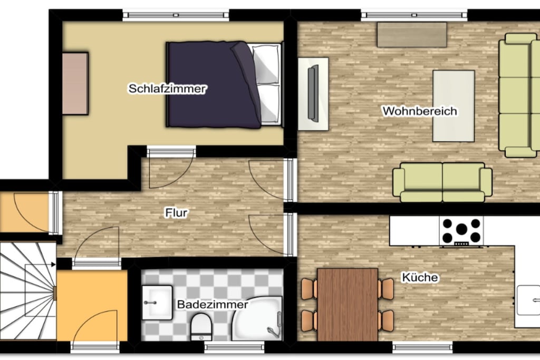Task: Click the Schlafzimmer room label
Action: coord(167,89)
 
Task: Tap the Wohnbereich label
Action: coord(420,111)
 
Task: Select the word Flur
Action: coord(176,213)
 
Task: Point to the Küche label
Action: coord(420,277)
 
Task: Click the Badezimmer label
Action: coord(213,305)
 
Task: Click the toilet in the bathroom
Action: coord(201,326)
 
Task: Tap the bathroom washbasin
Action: coord(157,303)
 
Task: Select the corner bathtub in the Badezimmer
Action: coord(257,319)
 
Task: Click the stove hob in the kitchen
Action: coord(461,231)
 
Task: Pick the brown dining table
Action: coord(348,305)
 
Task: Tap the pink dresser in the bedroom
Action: coord(75,83)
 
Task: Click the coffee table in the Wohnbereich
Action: coord(454,106)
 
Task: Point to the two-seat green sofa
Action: coord(442,182)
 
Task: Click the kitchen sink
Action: coord(528,300)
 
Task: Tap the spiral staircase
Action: coord(28,291)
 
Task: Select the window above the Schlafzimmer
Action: coord(176,15)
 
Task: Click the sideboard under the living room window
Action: coord(412,35)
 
